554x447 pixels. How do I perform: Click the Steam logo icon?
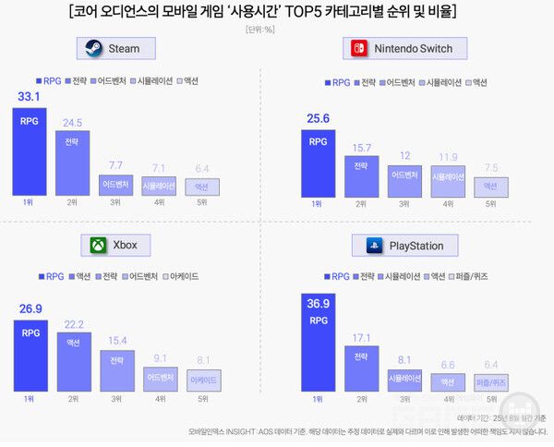(93, 48)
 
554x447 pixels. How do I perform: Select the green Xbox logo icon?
(97, 245)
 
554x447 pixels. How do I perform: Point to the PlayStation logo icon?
(375, 246)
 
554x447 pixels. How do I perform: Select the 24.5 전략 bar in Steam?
(72, 163)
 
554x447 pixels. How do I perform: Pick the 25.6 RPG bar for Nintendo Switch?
(318, 163)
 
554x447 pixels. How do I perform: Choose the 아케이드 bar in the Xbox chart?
(203, 380)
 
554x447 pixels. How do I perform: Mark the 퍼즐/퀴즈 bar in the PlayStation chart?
(491, 381)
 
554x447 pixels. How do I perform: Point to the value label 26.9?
(31, 308)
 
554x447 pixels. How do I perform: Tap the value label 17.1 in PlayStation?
(361, 337)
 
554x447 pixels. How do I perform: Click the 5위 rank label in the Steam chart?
(202, 201)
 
